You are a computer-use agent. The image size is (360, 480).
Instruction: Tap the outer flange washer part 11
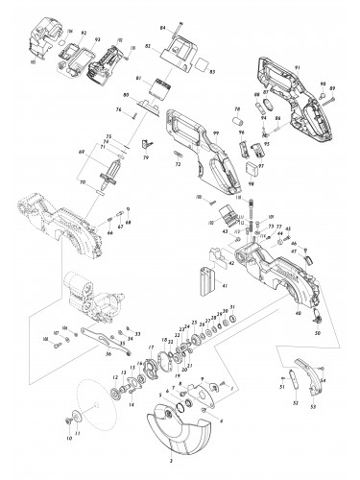point(73,418)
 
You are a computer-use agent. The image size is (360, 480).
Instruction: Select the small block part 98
point(254,173)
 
